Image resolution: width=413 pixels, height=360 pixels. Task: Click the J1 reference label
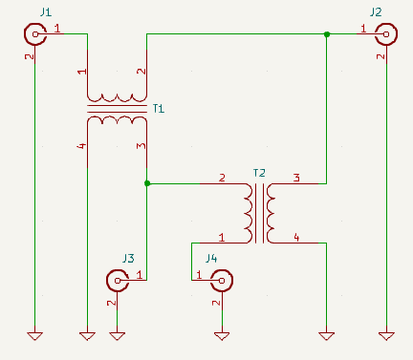[46, 12]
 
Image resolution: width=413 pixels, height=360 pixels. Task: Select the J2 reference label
[376, 12]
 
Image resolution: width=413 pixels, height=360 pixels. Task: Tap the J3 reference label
[128, 259]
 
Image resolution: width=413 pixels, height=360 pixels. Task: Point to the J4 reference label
[211, 258]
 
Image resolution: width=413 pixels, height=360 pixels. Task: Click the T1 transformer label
[159, 109]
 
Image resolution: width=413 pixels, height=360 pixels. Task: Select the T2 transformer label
[259, 173]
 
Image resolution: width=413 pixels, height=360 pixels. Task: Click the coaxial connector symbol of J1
[35, 34]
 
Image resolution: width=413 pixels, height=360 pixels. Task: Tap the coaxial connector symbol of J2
[386, 34]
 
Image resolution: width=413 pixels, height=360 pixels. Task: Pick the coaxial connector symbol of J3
[118, 281]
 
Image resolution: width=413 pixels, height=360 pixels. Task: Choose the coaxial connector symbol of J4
[222, 281]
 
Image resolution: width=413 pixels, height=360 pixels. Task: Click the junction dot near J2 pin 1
[327, 34]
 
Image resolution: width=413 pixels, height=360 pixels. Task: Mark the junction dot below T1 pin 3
[147, 183]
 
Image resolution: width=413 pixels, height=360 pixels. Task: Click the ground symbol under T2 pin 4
[327, 336]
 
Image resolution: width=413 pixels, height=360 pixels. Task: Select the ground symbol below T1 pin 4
[87, 336]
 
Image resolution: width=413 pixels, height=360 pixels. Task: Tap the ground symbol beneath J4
[222, 336]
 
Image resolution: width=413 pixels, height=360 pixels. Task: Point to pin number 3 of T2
[296, 178]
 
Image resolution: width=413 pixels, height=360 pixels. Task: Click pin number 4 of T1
[82, 146]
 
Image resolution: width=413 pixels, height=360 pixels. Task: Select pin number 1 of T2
[222, 238]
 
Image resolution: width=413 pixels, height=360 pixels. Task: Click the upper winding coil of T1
[117, 97]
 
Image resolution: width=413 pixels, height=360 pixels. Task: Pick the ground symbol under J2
[386, 336]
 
